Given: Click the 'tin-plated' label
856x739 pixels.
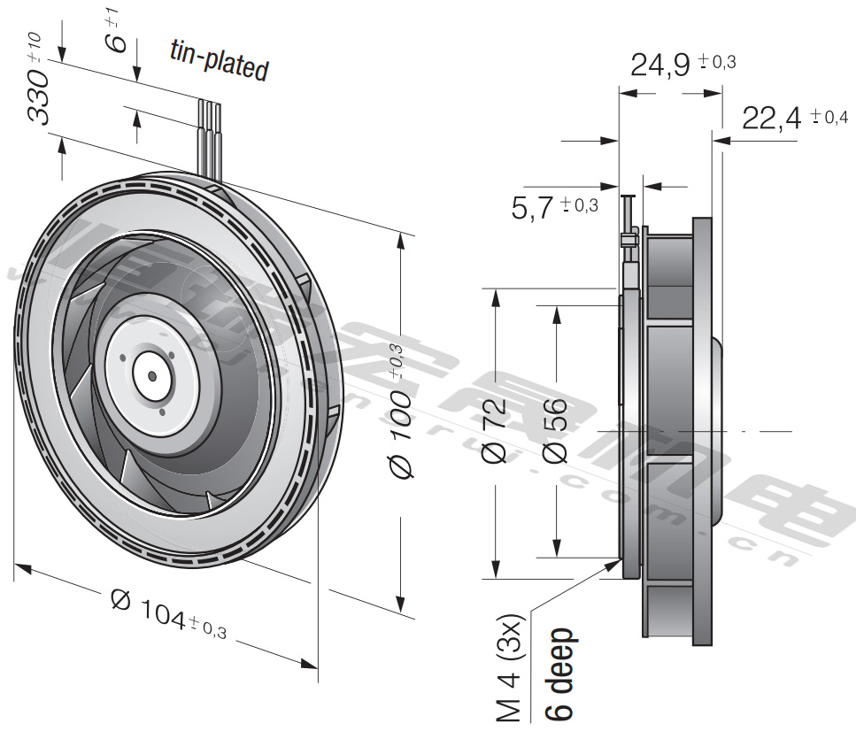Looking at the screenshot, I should tap(218, 62).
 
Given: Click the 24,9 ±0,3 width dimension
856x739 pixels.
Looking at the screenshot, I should tap(682, 65).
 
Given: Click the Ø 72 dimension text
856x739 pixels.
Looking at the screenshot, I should tap(494, 433).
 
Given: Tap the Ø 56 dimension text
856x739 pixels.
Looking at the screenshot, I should tap(555, 433).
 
